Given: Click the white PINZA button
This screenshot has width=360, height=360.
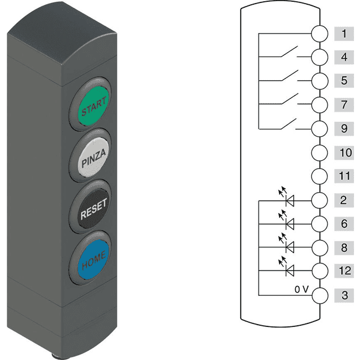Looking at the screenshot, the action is point(93,157).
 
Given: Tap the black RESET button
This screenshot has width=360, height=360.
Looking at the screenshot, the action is point(93,208).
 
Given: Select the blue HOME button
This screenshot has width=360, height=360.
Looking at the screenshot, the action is point(93,260).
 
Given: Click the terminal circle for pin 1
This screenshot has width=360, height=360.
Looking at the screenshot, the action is point(320,34).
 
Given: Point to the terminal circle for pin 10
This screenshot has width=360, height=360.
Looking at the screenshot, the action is point(320,152).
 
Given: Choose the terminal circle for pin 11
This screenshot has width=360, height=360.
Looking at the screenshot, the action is point(320,176).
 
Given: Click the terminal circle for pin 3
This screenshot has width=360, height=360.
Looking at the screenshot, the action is point(320,295).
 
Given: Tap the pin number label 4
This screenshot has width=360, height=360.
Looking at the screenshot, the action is point(344,57).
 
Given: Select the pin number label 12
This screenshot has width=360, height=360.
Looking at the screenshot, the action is point(345,271).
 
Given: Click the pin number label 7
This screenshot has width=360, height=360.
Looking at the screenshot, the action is point(344,104).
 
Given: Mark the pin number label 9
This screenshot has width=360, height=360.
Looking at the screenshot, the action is point(344,128).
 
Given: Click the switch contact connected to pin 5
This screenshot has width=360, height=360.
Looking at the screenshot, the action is point(290,76).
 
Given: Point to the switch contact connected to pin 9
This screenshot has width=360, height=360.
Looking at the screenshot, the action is point(289,124).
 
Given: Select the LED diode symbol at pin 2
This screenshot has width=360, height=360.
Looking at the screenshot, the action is point(287,197).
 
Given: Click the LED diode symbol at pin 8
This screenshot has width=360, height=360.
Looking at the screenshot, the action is point(287,244).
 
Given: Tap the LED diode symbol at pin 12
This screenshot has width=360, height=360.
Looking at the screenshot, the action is point(287,267).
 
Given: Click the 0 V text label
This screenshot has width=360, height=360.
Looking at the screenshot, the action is point(302,290).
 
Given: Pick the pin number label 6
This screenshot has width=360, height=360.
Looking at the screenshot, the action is point(344,224).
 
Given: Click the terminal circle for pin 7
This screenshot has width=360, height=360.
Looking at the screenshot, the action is point(320,104).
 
